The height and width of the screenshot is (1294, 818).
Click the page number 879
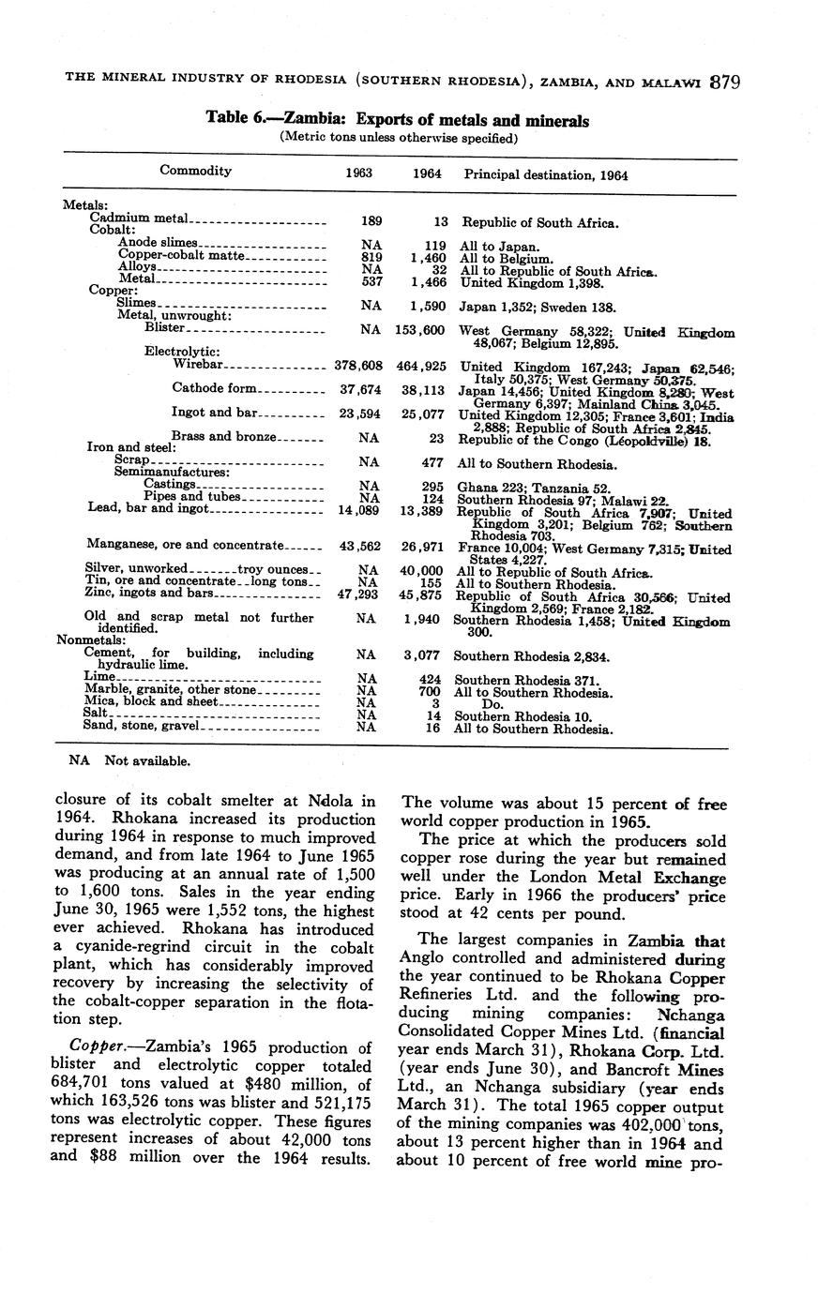(725, 82)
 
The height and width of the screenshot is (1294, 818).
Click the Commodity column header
(195, 171)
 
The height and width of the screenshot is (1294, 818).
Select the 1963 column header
(358, 174)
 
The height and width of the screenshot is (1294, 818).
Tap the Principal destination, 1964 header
(546, 175)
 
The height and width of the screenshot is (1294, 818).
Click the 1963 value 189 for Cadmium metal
(371, 222)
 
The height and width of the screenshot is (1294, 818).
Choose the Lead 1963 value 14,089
(360, 508)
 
